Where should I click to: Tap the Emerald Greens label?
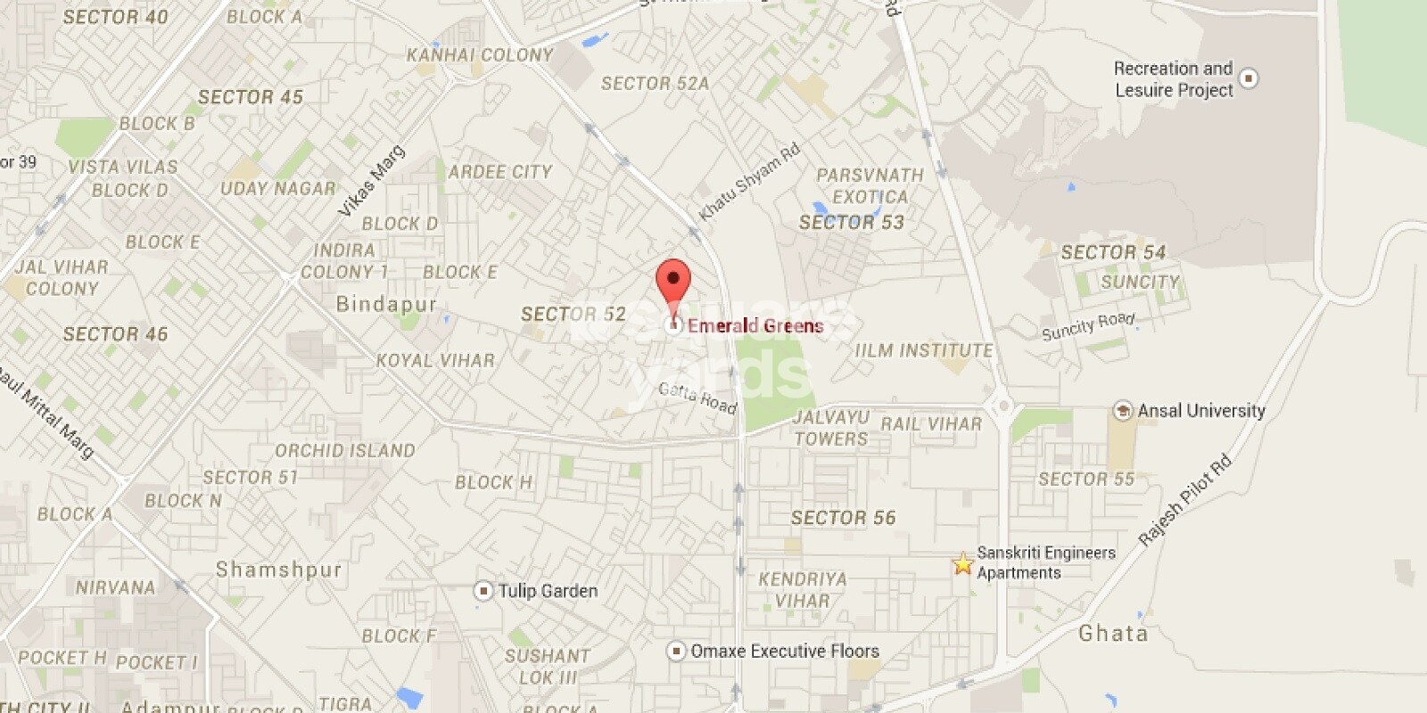pyautogui.click(x=755, y=326)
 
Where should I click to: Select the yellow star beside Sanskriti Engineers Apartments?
pyautogui.click(x=962, y=563)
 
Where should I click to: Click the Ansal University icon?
pyautogui.click(x=1123, y=411)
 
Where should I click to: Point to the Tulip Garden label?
pyautogui.click(x=548, y=591)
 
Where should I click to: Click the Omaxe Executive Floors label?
pyautogui.click(x=785, y=652)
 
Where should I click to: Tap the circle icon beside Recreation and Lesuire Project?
pyautogui.click(x=1249, y=78)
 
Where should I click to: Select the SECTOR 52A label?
pyautogui.click(x=655, y=84)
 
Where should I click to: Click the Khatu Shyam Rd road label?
pyautogui.click(x=749, y=182)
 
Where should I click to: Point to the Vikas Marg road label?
pyautogui.click(x=372, y=181)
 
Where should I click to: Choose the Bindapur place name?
pyautogui.click(x=386, y=305)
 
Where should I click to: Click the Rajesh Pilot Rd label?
pyautogui.click(x=1185, y=500)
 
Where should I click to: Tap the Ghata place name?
pyautogui.click(x=1113, y=634)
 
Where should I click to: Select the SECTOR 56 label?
pyautogui.click(x=843, y=518)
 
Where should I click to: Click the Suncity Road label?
pyautogui.click(x=1088, y=326)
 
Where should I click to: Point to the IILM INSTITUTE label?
pyautogui.click(x=923, y=351)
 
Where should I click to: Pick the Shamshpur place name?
pyautogui.click(x=278, y=570)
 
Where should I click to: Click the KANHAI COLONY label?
pyautogui.click(x=480, y=55)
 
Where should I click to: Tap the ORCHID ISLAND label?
pyautogui.click(x=344, y=451)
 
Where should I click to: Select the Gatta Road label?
pyautogui.click(x=697, y=397)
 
